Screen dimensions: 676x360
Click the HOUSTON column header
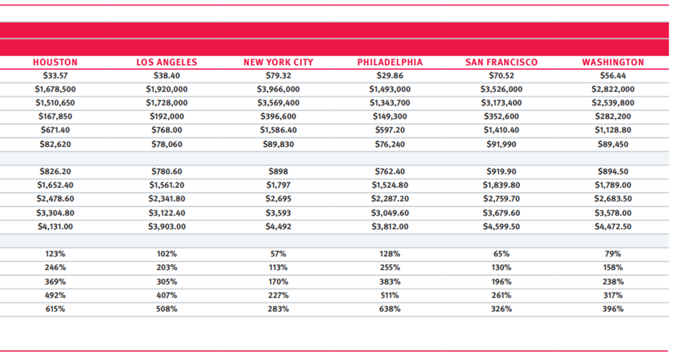pos(55,63)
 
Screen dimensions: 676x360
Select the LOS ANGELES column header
pos(167,63)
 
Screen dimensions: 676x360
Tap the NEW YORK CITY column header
pos(278,63)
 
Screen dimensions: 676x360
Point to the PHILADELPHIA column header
pos(390,63)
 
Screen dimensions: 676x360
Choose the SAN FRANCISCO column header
pos(502,63)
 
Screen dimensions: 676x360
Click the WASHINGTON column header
pos(613,63)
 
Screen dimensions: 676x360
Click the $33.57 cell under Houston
pos(55,76)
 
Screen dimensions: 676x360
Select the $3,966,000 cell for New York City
pos(278,89)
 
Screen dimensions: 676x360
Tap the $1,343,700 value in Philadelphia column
pos(390,103)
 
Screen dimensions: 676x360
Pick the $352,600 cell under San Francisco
pos(502,116)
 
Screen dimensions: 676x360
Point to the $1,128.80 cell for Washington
pos(613,130)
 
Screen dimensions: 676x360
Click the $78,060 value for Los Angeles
pos(167,144)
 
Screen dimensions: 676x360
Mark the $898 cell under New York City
pos(278,171)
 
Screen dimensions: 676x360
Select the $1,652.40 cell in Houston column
pos(55,185)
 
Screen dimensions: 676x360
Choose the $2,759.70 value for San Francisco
pos(502,199)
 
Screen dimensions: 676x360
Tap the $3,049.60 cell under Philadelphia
pos(390,213)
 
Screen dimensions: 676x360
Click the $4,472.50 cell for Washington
pos(613,227)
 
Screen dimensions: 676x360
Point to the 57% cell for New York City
pos(278,254)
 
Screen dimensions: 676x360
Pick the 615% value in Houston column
pos(55,309)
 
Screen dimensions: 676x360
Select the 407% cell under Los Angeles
pos(167,295)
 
